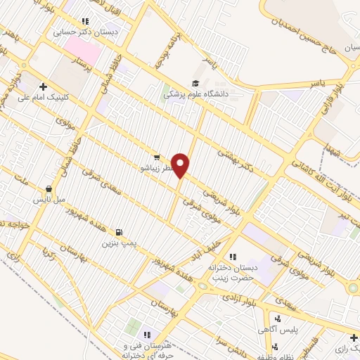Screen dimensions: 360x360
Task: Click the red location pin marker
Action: tap(181, 165)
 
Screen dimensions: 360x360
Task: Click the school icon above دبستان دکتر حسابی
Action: tap(86, 22)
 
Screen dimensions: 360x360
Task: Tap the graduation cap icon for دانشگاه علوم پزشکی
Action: tap(195, 83)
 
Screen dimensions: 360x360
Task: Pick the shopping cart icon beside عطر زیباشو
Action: tap(157, 157)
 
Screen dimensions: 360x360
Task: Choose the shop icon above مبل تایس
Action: tap(48, 188)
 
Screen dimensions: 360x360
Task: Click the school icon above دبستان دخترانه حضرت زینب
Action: tap(233, 257)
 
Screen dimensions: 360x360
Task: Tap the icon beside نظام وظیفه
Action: tap(276, 346)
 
